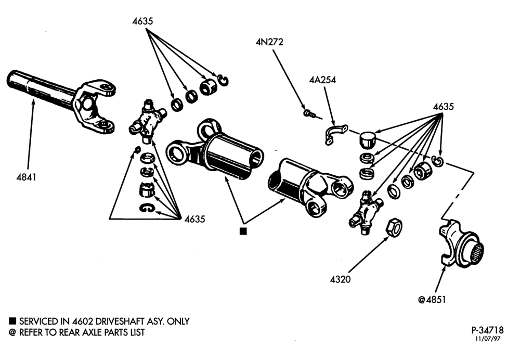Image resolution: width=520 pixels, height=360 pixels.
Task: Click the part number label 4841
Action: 26,177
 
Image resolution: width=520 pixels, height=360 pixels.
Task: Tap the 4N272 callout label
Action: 269,42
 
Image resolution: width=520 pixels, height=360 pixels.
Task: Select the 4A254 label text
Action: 322,80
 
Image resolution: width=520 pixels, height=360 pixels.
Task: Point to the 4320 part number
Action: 340,279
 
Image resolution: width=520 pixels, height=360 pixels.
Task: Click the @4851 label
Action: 432,300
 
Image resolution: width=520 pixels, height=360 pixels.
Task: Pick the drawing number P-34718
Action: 487,330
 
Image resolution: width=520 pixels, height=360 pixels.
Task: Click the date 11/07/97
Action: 488,339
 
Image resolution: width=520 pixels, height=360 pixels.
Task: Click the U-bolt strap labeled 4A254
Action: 335,134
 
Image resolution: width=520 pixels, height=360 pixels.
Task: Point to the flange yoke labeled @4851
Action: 461,243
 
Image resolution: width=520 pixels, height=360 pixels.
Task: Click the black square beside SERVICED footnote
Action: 12,321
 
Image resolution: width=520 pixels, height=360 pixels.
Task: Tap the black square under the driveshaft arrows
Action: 243,232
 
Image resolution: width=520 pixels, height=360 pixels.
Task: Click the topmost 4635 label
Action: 142,21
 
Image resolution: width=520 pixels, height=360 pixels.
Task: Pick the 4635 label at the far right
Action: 444,107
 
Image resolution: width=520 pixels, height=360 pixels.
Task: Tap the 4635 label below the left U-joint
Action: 194,219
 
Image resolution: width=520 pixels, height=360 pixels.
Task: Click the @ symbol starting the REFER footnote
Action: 12,332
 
